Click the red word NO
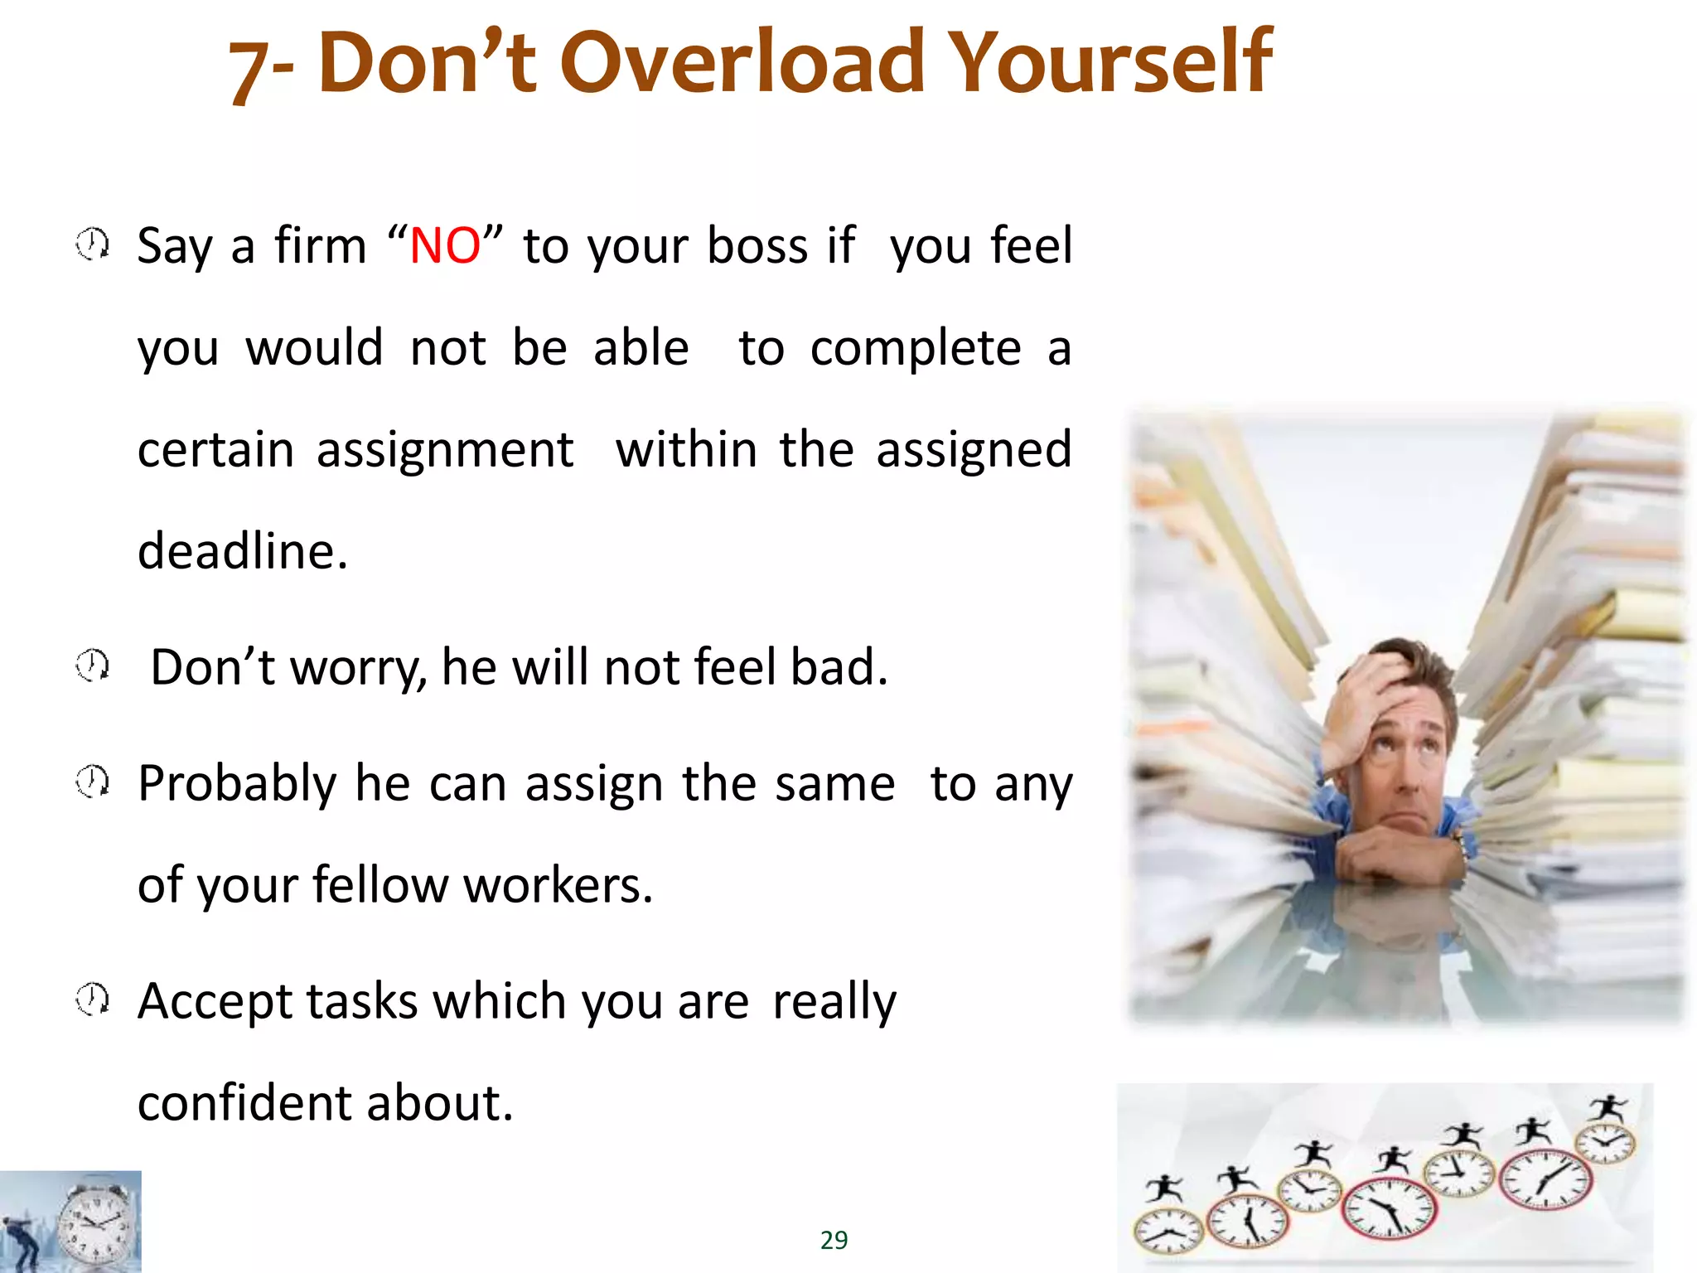pyautogui.click(x=445, y=246)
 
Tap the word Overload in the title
pyautogui.click(x=742, y=61)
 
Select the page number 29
pyautogui.click(x=834, y=1240)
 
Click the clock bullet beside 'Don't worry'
pyautogui.click(x=92, y=665)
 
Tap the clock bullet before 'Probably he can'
pyautogui.click(x=92, y=781)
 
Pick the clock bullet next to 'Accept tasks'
pyautogui.click(x=92, y=999)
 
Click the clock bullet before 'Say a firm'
pyautogui.click(x=92, y=244)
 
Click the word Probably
pyautogui.click(x=237, y=784)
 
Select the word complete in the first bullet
pyautogui.click(x=915, y=348)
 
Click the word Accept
pyautogui.click(x=215, y=1002)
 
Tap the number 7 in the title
pyautogui.click(x=246, y=70)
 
